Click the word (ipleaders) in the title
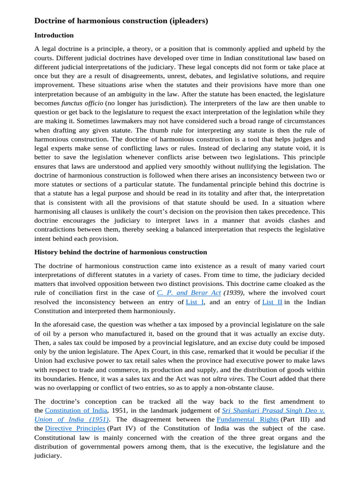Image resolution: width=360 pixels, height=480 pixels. pyautogui.click(x=186, y=21)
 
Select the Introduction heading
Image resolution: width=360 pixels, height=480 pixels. pyautogui.click(x=54, y=35)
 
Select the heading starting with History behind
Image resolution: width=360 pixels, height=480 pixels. pyautogui.click(x=120, y=252)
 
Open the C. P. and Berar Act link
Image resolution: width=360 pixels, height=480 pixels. pyautogui.click(x=188, y=292)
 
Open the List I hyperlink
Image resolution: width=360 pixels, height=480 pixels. pyautogui.click(x=195, y=302)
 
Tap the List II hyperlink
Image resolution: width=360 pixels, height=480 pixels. pyautogui.click(x=272, y=302)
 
